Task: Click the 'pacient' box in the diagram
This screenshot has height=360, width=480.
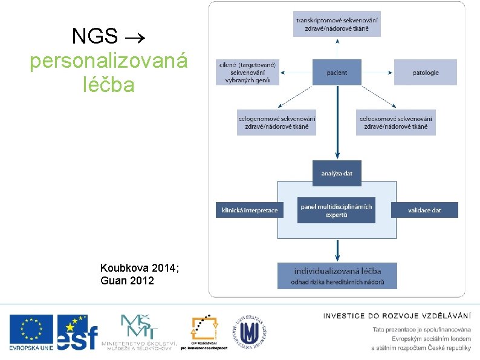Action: click(x=337, y=73)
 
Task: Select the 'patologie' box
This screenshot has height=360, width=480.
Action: click(x=426, y=73)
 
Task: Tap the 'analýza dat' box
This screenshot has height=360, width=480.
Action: click(x=337, y=174)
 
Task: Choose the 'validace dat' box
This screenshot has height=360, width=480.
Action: click(x=424, y=210)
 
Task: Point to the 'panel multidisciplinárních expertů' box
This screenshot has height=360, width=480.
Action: click(x=336, y=210)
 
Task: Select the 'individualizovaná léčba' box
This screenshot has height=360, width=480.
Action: click(x=337, y=275)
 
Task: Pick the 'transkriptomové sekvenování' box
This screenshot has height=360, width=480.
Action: click(x=337, y=24)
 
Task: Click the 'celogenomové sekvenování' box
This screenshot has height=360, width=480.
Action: click(x=277, y=122)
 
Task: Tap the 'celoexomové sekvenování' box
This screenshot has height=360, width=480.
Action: click(x=396, y=122)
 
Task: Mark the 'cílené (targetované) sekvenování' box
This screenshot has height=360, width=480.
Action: click(x=248, y=73)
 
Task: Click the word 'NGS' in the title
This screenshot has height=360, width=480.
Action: click(x=94, y=36)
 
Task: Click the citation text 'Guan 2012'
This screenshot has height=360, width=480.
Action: click(x=128, y=281)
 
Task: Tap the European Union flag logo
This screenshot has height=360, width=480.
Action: click(x=31, y=332)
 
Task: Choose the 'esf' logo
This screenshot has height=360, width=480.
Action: click(x=77, y=332)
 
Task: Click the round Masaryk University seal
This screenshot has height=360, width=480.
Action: click(x=248, y=332)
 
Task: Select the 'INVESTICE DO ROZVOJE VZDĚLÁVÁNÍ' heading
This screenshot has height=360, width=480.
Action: click(x=397, y=315)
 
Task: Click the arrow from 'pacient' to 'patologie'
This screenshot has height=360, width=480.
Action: click(x=378, y=73)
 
